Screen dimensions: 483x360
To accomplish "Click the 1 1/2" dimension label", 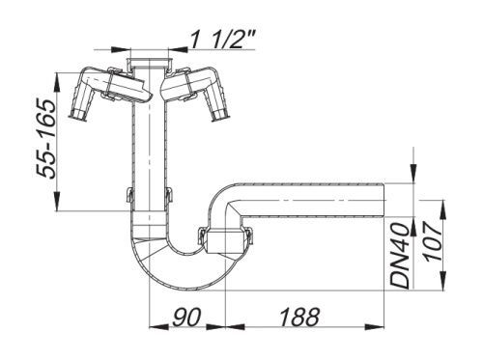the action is pyautogui.click(x=222, y=40).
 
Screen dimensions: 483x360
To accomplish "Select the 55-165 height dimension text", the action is pyautogui.click(x=45, y=139).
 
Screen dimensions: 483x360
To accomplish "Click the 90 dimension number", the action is pyautogui.click(x=186, y=317).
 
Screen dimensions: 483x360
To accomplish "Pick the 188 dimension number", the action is pyautogui.click(x=299, y=317).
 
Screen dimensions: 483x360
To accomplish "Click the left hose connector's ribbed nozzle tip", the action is pyautogui.click(x=77, y=114).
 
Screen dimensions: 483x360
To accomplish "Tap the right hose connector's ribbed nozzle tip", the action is pyautogui.click(x=220, y=114).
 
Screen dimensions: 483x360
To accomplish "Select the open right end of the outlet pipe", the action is pyautogui.click(x=384, y=200).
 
